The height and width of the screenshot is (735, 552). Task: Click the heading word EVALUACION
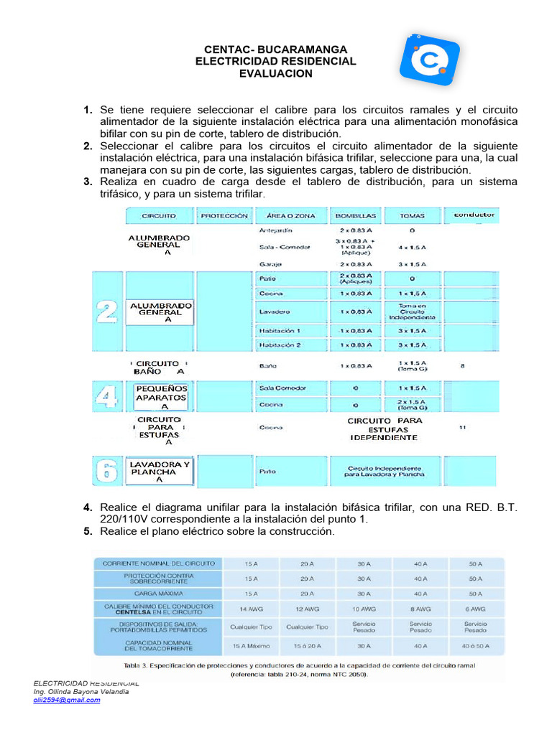[x=276, y=74]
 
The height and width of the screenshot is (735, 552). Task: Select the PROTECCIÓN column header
[x=224, y=215]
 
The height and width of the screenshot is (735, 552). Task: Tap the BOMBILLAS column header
[x=354, y=215]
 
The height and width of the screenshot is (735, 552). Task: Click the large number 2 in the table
[x=107, y=312]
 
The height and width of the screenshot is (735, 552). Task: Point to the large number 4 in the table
[x=107, y=395]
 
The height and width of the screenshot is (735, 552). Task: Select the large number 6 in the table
[x=107, y=472]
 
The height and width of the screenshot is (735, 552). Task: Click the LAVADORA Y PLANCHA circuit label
[x=160, y=472]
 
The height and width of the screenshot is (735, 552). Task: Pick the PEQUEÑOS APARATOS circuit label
[x=161, y=397]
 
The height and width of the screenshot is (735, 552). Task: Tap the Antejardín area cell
[x=276, y=231]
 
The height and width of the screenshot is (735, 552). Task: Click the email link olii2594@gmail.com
[x=67, y=700]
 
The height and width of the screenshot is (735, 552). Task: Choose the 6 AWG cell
[x=475, y=609]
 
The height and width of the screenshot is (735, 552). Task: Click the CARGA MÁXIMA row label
[x=158, y=594]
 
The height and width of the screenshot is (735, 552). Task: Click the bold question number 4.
[x=87, y=507]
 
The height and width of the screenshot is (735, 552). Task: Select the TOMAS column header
[x=413, y=215]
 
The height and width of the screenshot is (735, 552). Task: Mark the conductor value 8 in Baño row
[x=463, y=365]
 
